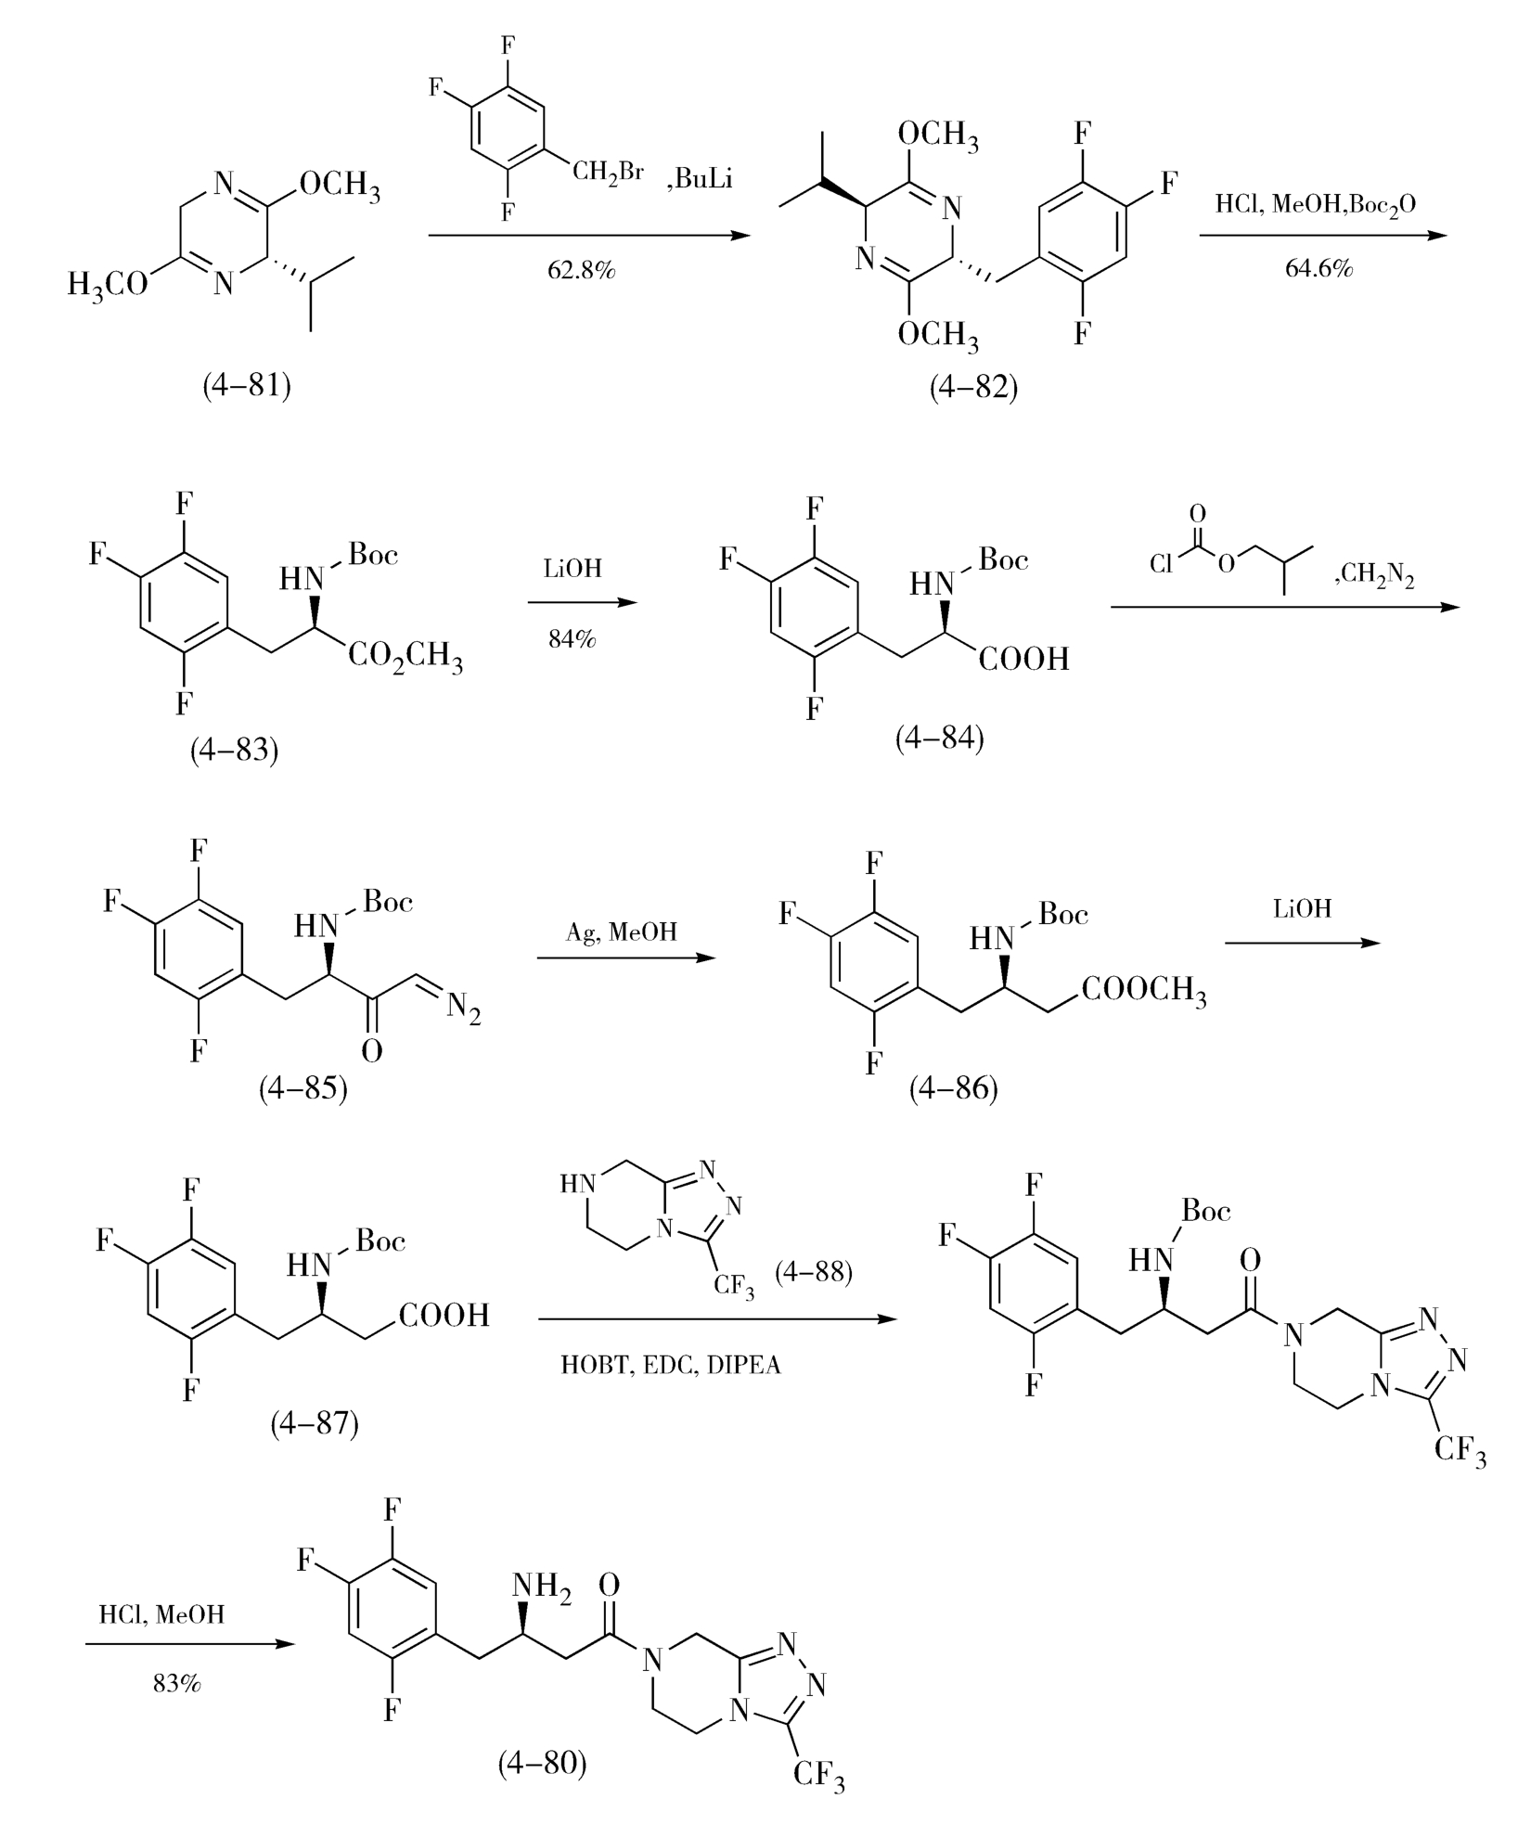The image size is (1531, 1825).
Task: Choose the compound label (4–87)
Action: (x=315, y=1422)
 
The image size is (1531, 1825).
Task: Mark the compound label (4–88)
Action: (x=815, y=1271)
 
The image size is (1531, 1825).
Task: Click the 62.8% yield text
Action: (x=581, y=271)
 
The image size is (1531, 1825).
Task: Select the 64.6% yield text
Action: (x=1319, y=269)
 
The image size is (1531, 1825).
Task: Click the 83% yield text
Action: (x=177, y=1682)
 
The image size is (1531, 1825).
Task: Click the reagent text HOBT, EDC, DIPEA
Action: (x=671, y=1366)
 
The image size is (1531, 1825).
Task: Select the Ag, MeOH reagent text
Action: (x=622, y=932)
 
